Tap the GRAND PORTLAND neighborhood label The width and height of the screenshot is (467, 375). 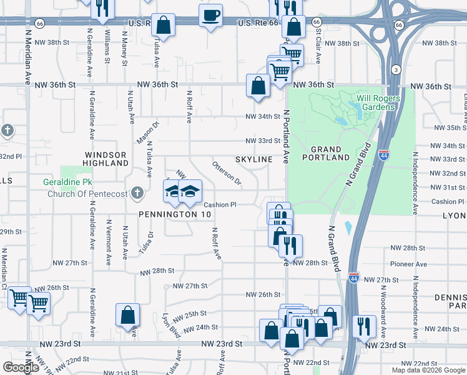click(326, 154)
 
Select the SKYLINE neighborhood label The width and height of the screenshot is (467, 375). click(254, 159)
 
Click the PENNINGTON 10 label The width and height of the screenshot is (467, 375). click(175, 214)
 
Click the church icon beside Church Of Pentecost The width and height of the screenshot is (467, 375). click(137, 193)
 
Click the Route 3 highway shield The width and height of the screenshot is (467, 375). click(396, 68)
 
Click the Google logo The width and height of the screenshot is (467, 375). click(21, 367)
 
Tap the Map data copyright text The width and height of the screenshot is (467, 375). click(428, 370)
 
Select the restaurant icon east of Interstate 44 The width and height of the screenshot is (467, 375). click(361, 325)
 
